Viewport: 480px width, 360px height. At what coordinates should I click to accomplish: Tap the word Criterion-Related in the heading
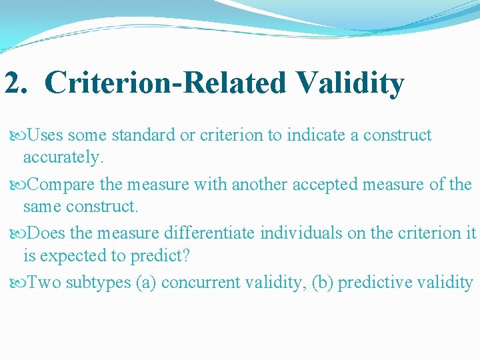(x=166, y=84)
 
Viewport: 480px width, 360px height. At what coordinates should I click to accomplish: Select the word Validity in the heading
(x=351, y=84)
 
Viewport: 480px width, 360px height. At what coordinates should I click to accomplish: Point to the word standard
(x=139, y=135)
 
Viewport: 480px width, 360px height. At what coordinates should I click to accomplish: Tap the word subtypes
(x=98, y=283)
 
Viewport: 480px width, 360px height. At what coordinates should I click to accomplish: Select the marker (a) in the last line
(x=146, y=283)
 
